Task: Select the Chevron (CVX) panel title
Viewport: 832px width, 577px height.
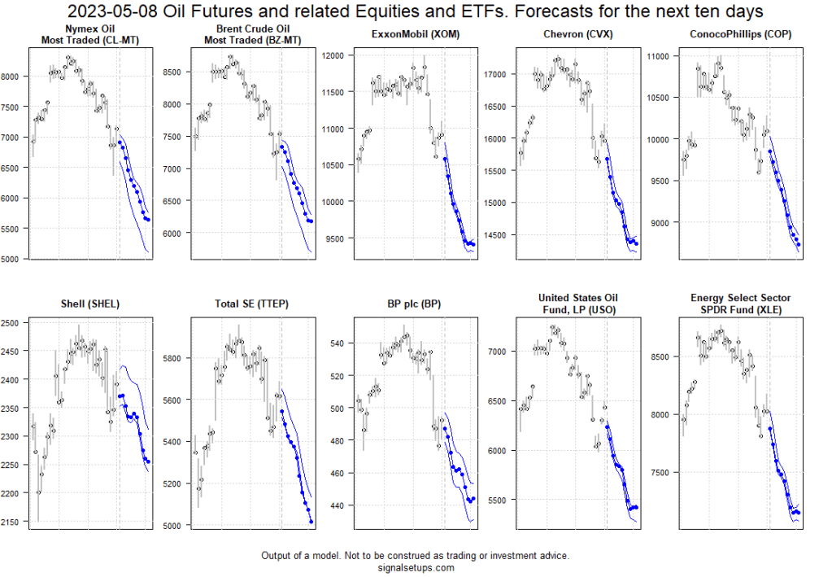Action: coord(577,33)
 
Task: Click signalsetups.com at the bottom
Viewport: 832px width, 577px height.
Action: coord(415,567)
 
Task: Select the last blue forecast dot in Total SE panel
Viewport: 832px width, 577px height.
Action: coord(311,522)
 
